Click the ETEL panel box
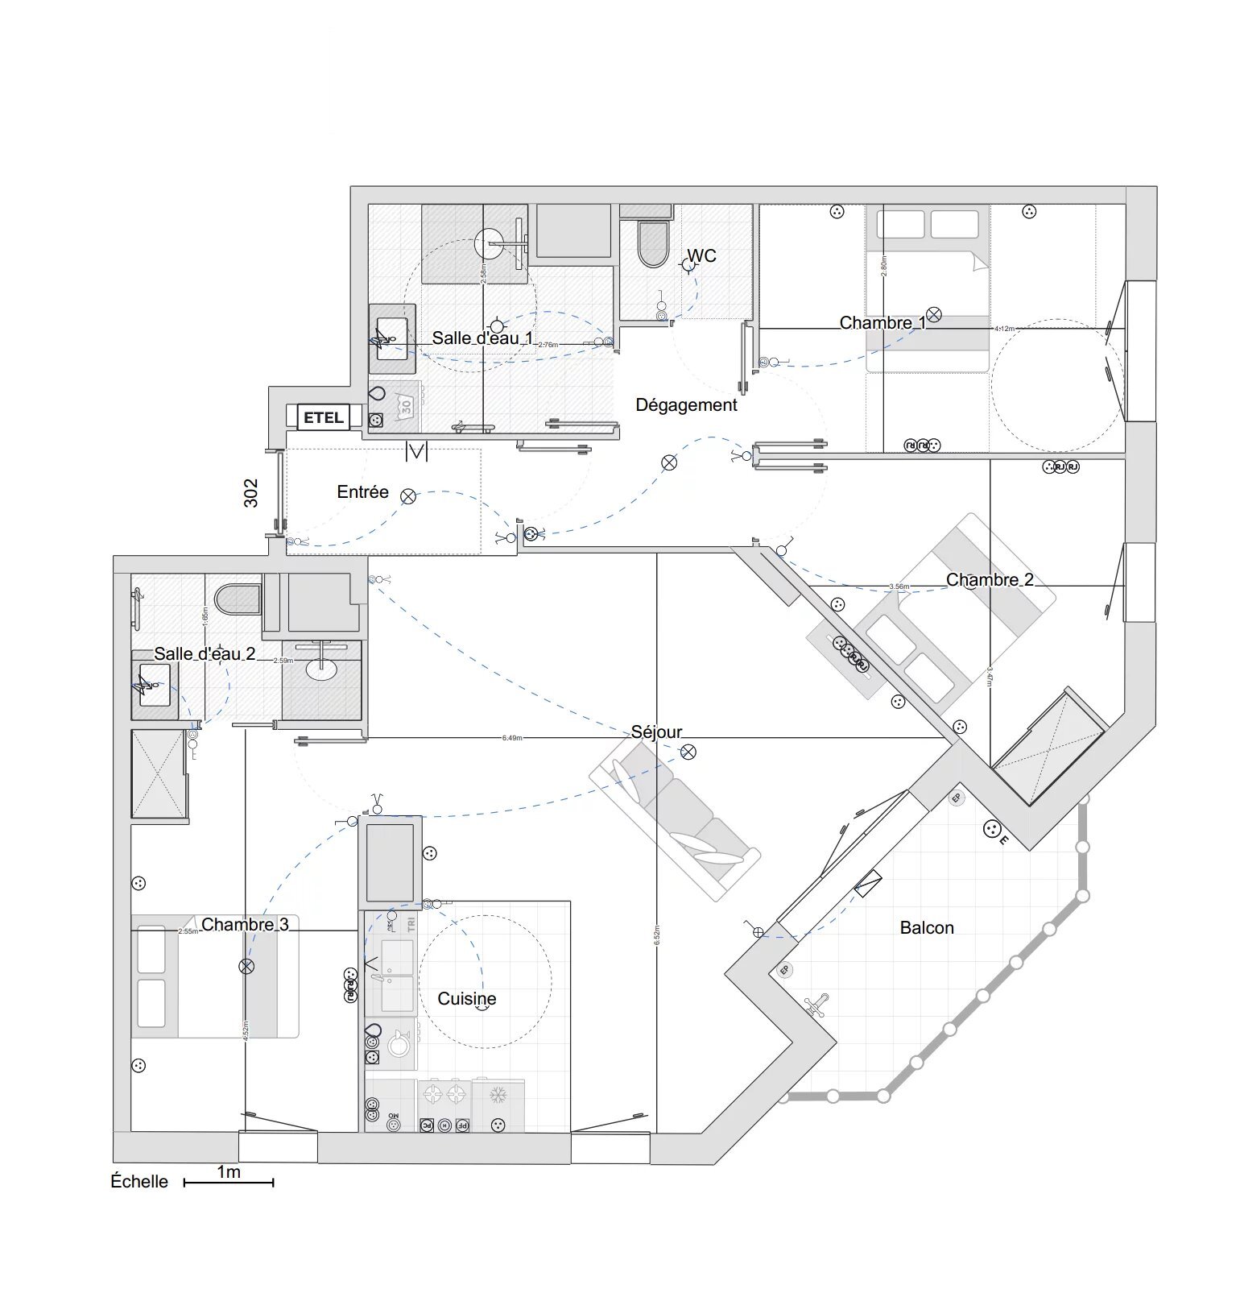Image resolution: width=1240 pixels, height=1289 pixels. [x=323, y=417]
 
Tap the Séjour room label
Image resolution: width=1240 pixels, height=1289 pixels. [x=656, y=732]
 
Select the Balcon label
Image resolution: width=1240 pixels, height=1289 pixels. [x=927, y=927]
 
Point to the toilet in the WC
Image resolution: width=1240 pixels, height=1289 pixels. [x=653, y=243]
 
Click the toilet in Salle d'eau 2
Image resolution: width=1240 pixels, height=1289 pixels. [x=237, y=599]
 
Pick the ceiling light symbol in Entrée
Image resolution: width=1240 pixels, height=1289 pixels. [x=408, y=496]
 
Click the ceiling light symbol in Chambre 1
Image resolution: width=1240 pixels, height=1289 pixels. [x=933, y=314]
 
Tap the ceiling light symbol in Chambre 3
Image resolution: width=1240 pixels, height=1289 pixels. [x=246, y=966]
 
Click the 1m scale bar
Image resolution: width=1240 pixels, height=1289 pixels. [x=229, y=1182]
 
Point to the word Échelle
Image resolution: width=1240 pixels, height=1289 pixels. [x=139, y=1181]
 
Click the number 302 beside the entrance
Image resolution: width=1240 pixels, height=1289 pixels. [x=251, y=493]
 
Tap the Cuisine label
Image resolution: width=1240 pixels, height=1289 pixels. [x=466, y=998]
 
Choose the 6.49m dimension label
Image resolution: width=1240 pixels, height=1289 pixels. [x=512, y=738]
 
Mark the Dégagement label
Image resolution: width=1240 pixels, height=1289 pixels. [x=686, y=404]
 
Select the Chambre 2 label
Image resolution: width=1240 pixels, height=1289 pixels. [x=990, y=579]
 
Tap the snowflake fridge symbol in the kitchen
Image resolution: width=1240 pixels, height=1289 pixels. [x=498, y=1095]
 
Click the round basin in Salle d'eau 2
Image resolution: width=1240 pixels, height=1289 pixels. [x=322, y=668]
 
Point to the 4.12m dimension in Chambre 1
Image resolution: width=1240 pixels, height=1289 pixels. [x=1004, y=329]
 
